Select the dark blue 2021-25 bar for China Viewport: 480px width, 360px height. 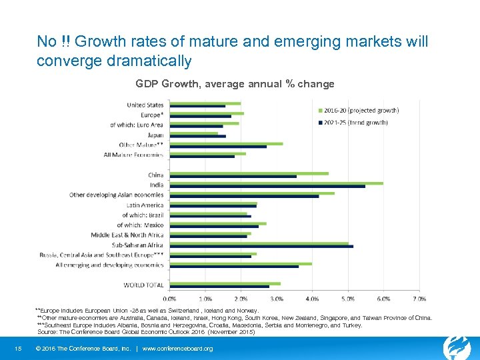click(x=233, y=177)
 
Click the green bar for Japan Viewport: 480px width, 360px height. click(x=194, y=133)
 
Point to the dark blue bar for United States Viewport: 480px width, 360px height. click(x=197, y=106)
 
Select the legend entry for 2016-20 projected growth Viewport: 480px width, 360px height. click(x=350, y=110)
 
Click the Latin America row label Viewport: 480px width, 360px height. click(x=145, y=205)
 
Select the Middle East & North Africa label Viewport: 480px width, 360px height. click(x=127, y=235)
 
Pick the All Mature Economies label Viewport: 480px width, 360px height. click(x=133, y=155)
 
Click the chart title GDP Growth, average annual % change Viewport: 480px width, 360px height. click(x=235, y=84)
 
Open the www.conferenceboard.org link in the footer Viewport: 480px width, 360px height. click(x=177, y=349)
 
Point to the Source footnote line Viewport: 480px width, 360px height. click(x=146, y=331)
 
